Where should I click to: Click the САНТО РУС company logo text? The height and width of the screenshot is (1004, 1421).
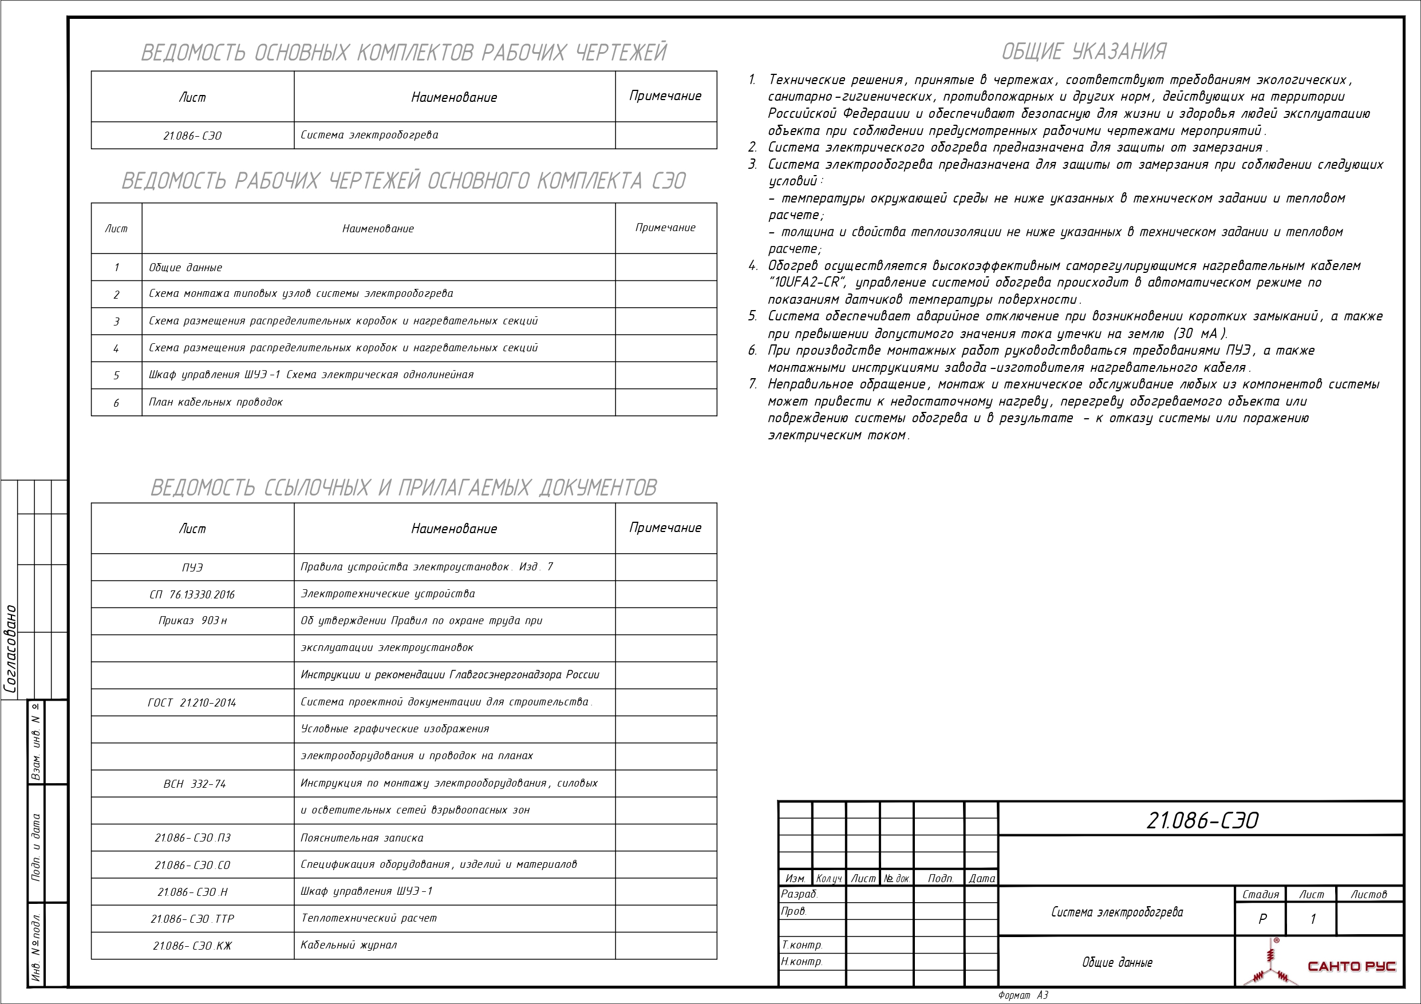pos(1352,966)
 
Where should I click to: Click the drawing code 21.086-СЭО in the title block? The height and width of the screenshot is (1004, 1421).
pos(1202,820)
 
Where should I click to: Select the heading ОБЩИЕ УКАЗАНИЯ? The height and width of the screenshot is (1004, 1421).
pos(1083,51)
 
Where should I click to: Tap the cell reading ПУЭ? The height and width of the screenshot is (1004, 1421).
pos(192,568)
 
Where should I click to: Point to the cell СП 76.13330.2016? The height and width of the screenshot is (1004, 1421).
pos(192,594)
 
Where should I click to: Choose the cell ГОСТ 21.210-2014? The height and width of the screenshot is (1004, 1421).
pos(192,703)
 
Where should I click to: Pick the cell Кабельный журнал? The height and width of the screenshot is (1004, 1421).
pos(349,945)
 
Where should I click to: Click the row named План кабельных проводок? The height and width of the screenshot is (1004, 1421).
pos(216,402)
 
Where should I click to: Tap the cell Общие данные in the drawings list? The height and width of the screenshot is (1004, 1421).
pos(185,268)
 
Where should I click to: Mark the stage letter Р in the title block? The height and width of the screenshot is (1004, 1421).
pos(1262,919)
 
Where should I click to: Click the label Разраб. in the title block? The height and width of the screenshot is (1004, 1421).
pos(799,894)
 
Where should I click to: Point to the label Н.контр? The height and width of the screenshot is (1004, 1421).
pos(802,961)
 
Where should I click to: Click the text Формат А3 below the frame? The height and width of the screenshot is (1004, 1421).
pos(1023,995)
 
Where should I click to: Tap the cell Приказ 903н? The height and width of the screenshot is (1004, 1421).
pos(192,621)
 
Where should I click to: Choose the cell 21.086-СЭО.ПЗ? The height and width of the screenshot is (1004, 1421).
pos(192,838)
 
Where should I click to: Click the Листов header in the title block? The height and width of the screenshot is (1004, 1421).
pos(1368,895)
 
